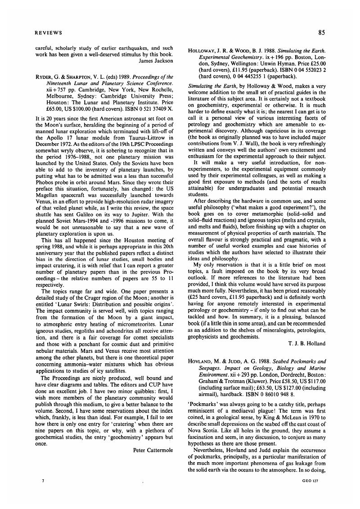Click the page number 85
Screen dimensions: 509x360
tap(321, 32)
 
